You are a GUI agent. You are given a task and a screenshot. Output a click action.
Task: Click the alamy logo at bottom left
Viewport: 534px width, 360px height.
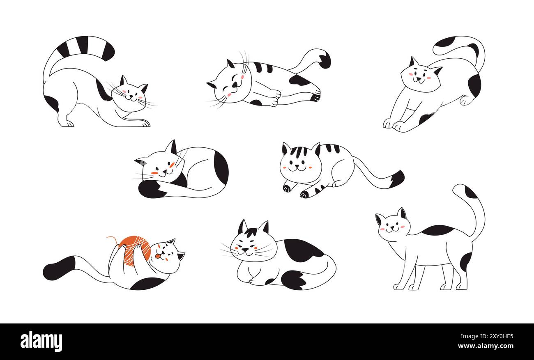[x=41, y=342]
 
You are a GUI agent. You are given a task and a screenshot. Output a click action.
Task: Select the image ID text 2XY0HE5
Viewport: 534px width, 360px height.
[x=496, y=336]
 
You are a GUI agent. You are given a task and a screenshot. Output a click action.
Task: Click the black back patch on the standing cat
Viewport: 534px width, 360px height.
[x=437, y=230]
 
